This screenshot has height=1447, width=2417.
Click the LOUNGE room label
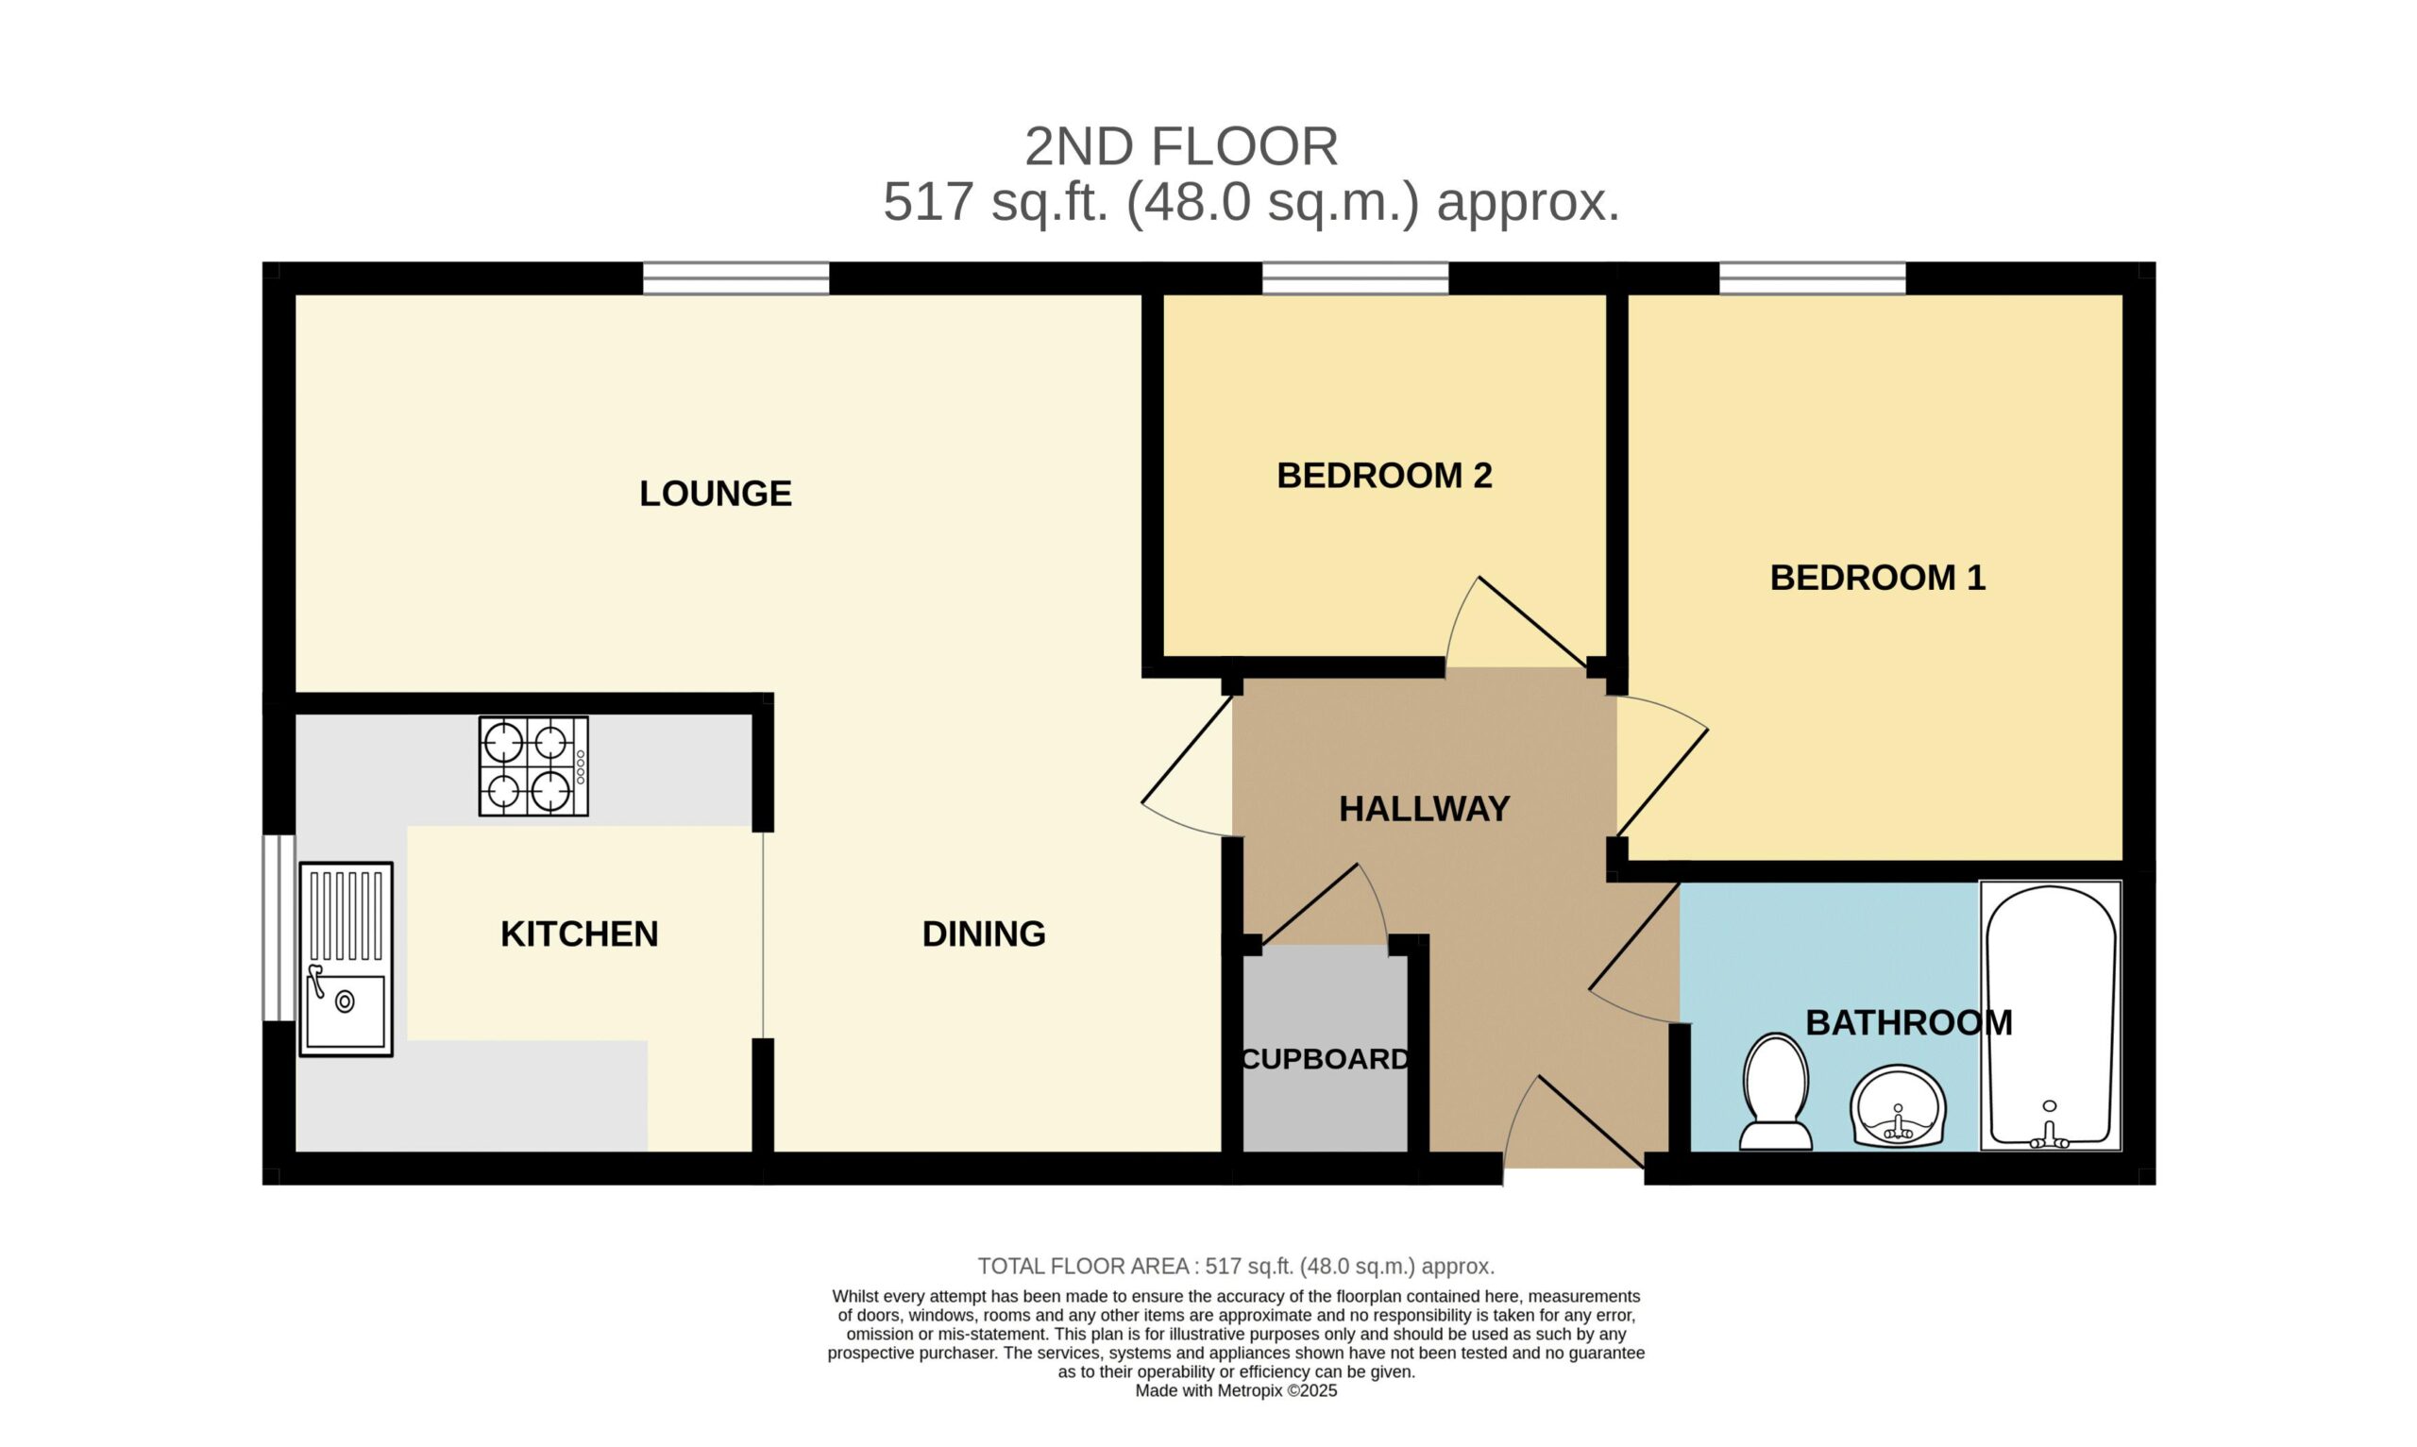715,494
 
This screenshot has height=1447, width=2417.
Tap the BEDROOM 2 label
1383,475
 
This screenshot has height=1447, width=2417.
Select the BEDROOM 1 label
1877,578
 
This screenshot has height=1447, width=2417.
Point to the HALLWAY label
1424,808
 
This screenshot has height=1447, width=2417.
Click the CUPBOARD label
1324,1059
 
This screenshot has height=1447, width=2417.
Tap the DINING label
984,934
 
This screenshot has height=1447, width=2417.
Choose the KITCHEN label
579,934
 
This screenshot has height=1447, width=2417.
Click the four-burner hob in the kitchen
533,766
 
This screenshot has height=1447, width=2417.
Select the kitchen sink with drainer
346,959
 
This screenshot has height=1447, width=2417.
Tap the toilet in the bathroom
1776,1092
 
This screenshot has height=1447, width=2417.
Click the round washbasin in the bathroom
1899,1105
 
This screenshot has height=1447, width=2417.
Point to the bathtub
2051,1016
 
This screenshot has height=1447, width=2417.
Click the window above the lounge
736,278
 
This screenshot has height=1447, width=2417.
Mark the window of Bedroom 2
1355,278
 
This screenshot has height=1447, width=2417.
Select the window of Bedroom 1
1813,278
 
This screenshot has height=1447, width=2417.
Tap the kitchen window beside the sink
279,927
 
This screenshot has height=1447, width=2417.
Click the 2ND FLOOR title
1181,147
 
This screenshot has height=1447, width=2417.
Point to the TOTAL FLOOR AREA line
1236,1267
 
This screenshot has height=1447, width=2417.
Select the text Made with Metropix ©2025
1236,1391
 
